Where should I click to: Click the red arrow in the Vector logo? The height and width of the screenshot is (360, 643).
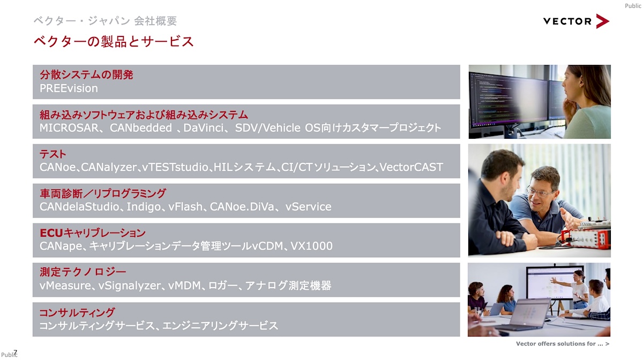pos(602,21)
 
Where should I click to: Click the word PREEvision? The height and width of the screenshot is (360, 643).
pos(69,88)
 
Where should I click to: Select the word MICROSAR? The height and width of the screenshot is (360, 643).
pos(69,128)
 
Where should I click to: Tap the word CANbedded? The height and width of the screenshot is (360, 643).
pos(140,128)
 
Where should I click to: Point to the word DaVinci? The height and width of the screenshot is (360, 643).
pos(203,128)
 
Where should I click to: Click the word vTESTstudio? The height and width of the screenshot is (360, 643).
pos(175,167)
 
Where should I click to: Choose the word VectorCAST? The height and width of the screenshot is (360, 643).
pos(411,167)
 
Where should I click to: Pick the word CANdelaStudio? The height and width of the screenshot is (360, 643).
pos(79,207)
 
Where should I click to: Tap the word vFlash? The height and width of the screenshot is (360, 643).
pos(185,207)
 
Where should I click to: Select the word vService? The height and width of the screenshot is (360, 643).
pos(308,207)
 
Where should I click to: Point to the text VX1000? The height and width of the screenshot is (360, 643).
pos(311,246)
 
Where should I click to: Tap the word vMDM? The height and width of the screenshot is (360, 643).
pos(184,286)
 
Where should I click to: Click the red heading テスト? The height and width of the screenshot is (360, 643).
pos(53,154)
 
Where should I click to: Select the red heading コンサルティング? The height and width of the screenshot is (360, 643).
pos(77,312)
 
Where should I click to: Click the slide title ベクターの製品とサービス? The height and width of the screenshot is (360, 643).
pos(114,42)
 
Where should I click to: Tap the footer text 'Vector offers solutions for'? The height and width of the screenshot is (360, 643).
pos(556,343)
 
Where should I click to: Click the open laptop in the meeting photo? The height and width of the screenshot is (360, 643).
pos(525,315)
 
